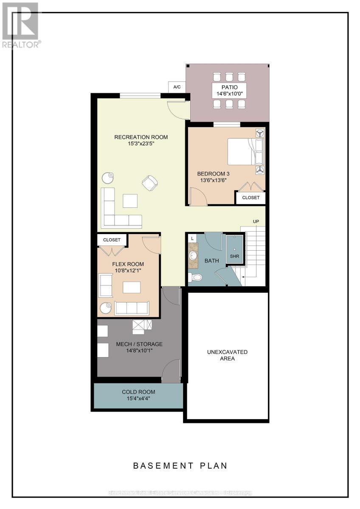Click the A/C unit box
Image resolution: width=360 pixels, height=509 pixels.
coord(177,87)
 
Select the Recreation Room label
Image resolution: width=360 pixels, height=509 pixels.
coord(141,137)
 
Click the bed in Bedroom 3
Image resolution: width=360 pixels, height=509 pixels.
coord(245,151)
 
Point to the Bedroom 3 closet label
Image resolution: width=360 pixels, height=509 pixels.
coord(250,198)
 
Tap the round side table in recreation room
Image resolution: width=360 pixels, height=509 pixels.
coord(108,177)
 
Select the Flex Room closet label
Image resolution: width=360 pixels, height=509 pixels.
coord(112,240)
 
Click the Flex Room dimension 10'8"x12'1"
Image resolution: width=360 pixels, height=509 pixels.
coord(128,270)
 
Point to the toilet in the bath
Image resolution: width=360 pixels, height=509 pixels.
coord(195,278)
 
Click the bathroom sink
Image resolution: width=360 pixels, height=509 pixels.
coord(193,256)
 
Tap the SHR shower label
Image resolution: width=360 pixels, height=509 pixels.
coord(234,256)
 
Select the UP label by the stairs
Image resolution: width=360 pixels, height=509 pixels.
coord(256,222)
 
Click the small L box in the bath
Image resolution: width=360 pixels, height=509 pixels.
coord(192,238)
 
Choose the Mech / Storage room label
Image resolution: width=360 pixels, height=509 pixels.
coord(139,344)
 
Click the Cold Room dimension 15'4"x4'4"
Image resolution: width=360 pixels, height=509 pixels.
coord(138,399)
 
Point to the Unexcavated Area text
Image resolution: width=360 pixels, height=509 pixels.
coord(227,355)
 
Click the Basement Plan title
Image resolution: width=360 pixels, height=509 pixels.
coord(180,465)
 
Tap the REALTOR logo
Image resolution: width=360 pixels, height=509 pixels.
coord(20,25)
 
